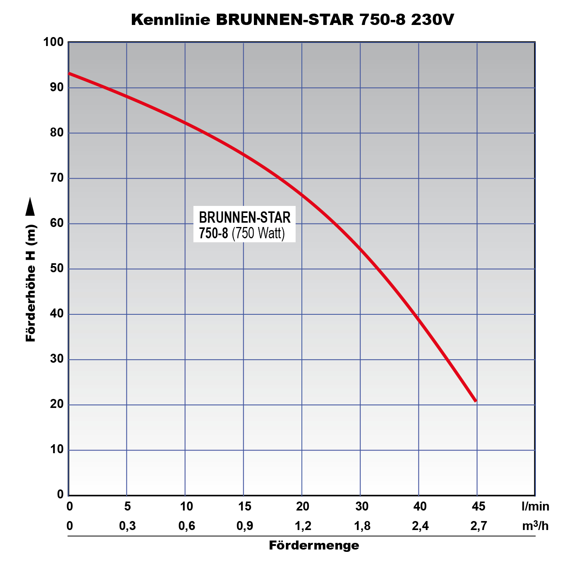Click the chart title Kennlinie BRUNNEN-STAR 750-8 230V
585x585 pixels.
coord(292,19)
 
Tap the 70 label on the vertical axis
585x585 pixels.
coord(57,178)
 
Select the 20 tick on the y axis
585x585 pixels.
coord(57,404)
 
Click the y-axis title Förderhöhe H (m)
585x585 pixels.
coord(31,283)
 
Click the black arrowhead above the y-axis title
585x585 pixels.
coord(30,206)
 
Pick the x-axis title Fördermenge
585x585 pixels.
coord(314,545)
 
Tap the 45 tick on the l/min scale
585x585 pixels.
coord(479,507)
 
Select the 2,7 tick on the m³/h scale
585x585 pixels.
coord(479,526)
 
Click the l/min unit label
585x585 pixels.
coord(535,507)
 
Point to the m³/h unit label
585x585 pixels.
coord(535,526)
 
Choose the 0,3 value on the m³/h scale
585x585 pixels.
coord(128,526)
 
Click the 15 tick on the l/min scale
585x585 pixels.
coord(245,507)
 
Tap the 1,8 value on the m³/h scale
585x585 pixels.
coord(362,526)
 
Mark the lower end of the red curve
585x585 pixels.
coord(475,401)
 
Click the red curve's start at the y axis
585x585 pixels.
coord(70,73)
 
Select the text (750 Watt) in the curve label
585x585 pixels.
coord(258,233)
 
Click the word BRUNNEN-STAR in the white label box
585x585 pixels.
coord(245,217)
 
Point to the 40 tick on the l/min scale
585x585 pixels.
coord(420,507)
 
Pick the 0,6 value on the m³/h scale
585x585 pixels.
coord(186,526)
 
